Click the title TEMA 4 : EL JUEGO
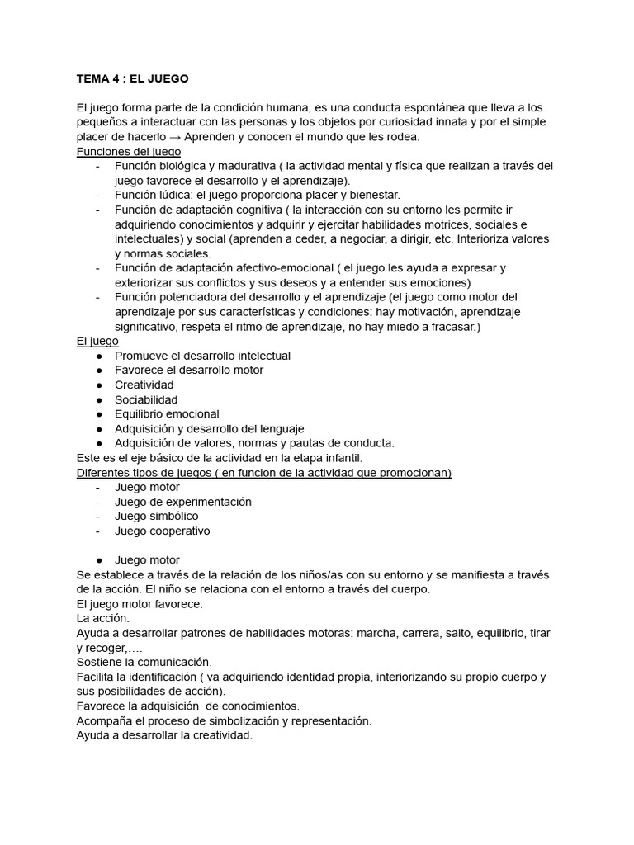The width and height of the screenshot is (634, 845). (132, 79)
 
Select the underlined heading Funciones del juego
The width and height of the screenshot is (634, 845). (129, 152)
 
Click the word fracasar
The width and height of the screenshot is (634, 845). (451, 327)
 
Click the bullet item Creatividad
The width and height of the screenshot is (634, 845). (144, 385)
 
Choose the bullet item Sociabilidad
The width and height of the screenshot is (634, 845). (146, 400)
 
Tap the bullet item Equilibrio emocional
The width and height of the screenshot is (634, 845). (167, 414)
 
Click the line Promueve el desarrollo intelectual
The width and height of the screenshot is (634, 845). (202, 356)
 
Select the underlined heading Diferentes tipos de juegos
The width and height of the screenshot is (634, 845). (263, 473)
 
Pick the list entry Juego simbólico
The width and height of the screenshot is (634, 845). (157, 517)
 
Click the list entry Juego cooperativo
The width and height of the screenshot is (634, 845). (163, 531)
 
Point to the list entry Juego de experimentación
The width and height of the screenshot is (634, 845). (183, 502)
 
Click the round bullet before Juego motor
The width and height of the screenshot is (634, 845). (99, 560)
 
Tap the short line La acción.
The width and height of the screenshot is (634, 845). (102, 619)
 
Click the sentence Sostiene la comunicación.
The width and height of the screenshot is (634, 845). (144, 663)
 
